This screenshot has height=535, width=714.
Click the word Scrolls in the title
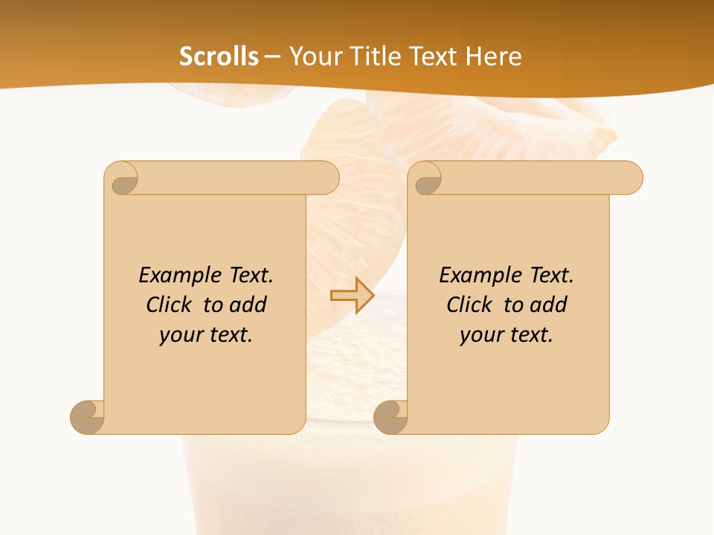(x=219, y=56)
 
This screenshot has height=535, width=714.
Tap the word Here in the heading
(x=494, y=56)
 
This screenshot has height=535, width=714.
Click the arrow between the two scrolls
(x=353, y=295)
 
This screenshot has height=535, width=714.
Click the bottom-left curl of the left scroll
(x=88, y=417)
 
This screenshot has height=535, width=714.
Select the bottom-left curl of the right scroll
(x=391, y=417)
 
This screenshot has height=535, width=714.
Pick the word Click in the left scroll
(x=172, y=305)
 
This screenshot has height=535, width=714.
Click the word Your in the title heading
(x=313, y=56)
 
